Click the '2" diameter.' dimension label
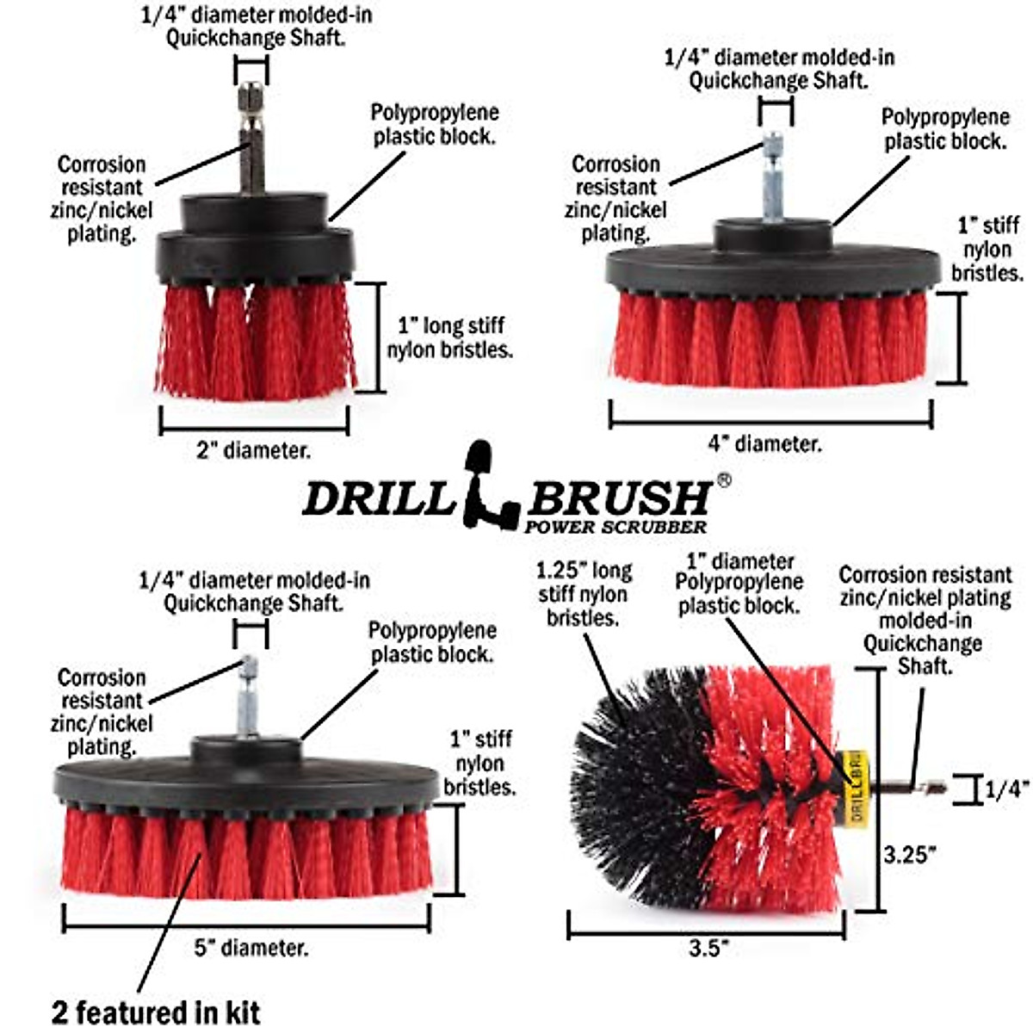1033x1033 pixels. click(254, 450)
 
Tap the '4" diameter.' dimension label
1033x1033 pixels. click(764, 444)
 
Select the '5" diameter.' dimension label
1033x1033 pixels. click(251, 949)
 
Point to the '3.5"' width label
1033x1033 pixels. click(708, 948)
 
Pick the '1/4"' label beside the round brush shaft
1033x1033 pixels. click(1007, 789)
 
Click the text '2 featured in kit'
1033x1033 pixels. click(156, 1011)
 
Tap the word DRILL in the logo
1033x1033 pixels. click(379, 498)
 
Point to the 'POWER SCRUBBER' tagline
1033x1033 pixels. click(615, 527)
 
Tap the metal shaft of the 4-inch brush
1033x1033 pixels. click(772, 176)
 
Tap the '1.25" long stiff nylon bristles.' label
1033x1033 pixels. click(585, 594)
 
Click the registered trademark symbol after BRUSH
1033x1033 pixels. click(724, 481)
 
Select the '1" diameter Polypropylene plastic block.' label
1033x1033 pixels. click(739, 584)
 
